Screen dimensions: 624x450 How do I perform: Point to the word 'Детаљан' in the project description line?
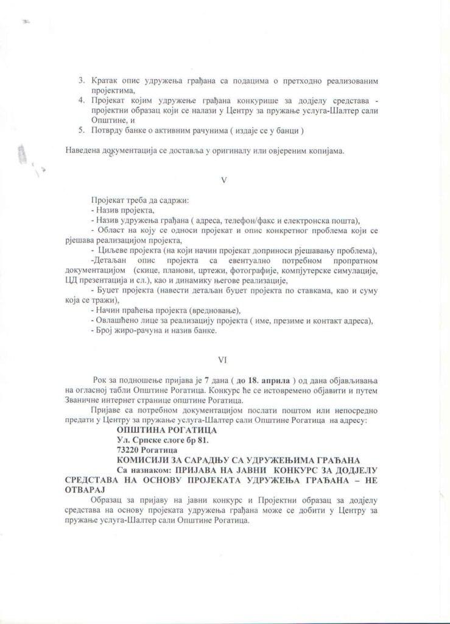coord(109,261)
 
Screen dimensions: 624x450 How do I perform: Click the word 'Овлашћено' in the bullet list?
coord(116,321)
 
